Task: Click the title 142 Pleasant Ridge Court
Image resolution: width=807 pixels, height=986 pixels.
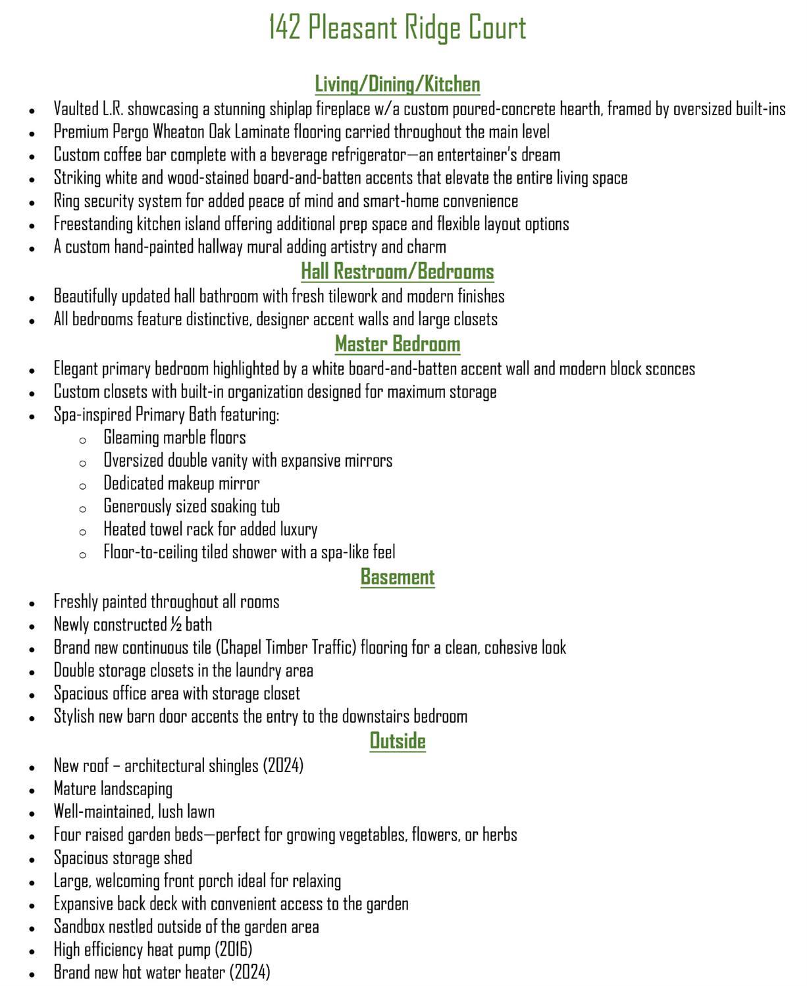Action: point(398,28)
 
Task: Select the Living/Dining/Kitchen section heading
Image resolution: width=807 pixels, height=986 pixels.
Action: point(398,84)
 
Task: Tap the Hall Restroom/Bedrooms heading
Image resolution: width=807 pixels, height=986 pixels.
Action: point(398,271)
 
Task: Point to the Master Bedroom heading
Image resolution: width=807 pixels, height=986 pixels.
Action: point(398,344)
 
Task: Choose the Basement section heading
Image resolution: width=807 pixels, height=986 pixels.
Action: point(398,577)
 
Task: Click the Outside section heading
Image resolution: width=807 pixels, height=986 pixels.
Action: point(398,740)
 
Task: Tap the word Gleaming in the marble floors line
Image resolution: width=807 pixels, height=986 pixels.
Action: point(131,437)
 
